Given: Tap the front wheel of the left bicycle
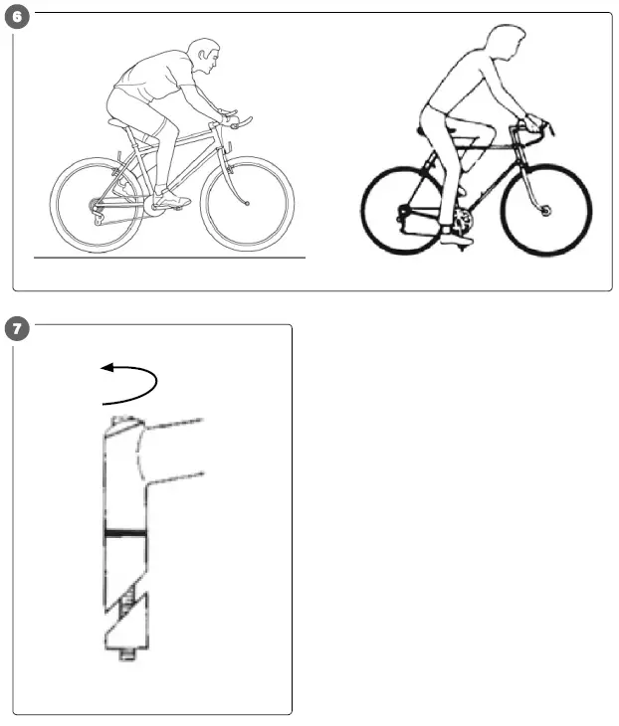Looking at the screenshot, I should [247, 204].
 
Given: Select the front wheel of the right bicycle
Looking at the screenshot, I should [546, 210].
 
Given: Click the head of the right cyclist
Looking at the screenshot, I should [509, 46].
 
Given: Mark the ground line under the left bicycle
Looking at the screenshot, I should [169, 258].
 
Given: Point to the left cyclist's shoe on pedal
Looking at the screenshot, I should [171, 200].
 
